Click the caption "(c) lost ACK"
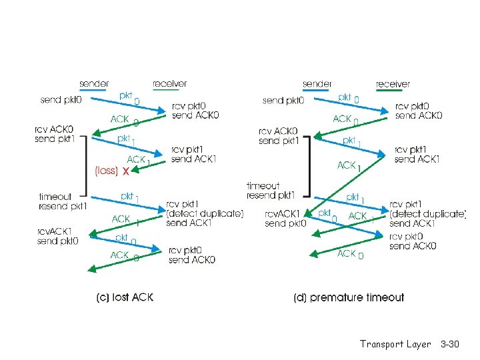[x=125, y=297]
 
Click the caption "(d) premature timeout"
[x=348, y=297]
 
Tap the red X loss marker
[x=125, y=171]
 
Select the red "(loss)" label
[x=107, y=171]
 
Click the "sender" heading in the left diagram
[x=95, y=84]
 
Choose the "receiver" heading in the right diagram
[x=393, y=84]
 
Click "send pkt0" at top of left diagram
[x=63, y=100]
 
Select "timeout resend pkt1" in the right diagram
[x=271, y=191]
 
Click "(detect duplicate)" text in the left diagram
[x=205, y=213]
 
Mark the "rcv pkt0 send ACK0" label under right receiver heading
[x=419, y=111]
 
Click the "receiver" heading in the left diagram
[x=169, y=84]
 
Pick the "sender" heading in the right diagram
[x=317, y=84]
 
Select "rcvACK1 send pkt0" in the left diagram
[x=58, y=236]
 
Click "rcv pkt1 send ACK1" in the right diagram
[x=417, y=154]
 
